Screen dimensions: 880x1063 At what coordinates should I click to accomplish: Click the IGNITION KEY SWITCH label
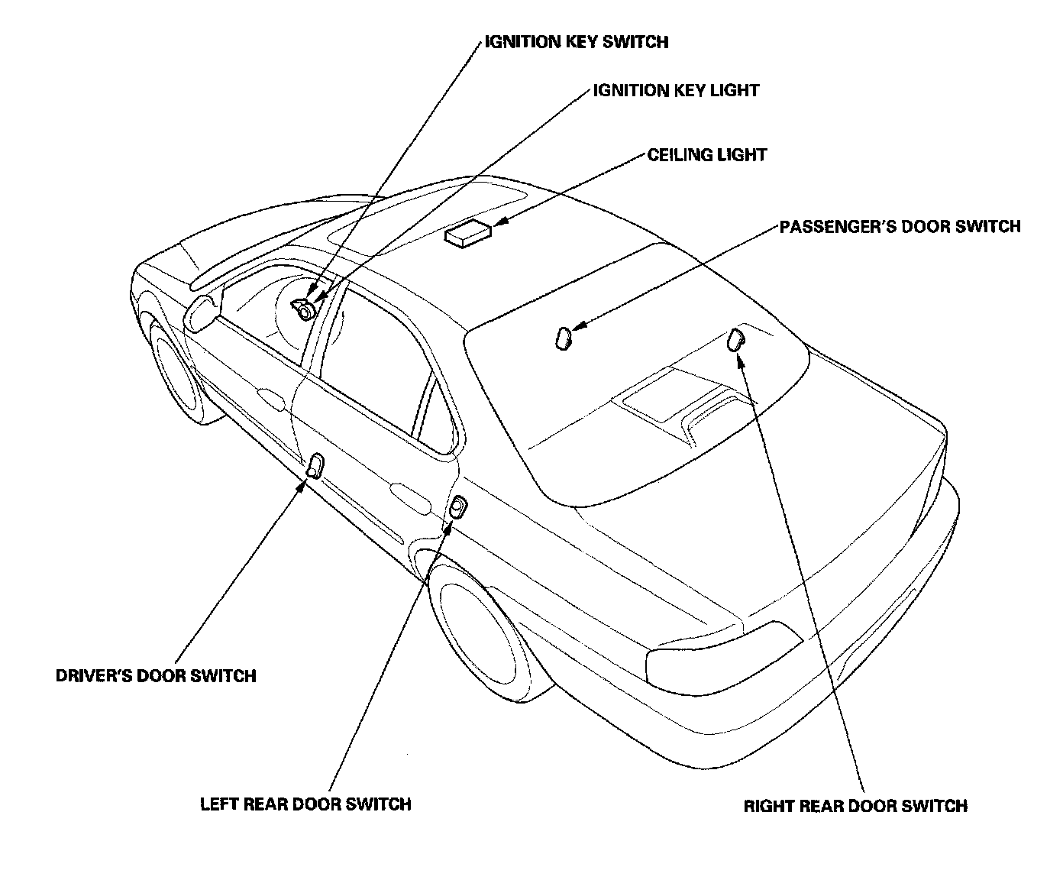[577, 41]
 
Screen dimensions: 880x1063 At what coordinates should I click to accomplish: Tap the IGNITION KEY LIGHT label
[676, 90]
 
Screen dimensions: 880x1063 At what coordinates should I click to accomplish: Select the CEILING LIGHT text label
[706, 155]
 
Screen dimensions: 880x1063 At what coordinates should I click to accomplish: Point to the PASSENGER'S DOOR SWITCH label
[900, 227]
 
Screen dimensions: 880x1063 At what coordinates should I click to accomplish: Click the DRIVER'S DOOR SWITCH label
[156, 675]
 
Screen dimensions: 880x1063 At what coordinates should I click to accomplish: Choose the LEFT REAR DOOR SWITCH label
[305, 804]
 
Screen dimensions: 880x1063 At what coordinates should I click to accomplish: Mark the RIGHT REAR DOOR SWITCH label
[855, 806]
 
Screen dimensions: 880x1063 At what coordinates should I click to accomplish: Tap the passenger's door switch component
[564, 338]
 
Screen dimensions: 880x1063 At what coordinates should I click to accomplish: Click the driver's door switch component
[315, 464]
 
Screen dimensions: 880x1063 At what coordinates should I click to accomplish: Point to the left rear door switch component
[457, 506]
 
